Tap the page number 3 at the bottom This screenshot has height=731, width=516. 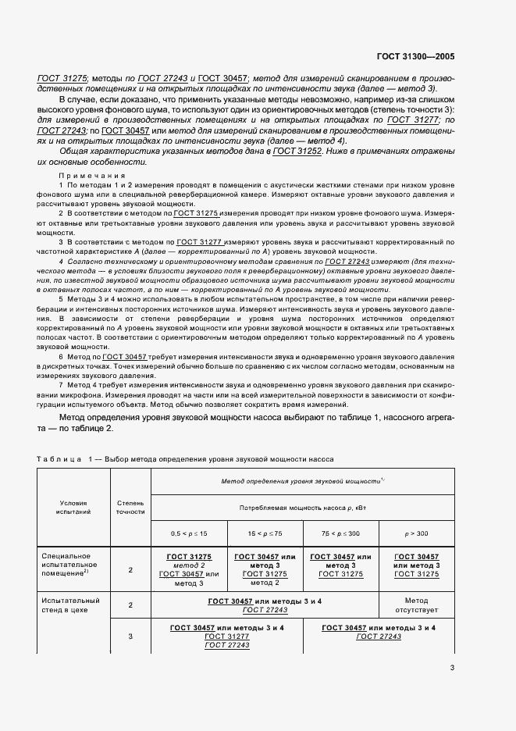click(452, 668)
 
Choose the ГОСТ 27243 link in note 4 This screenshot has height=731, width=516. click(350, 261)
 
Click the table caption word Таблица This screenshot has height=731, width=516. click(59, 459)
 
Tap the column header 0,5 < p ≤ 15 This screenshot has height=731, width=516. click(189, 533)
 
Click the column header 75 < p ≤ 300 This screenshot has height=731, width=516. click(340, 533)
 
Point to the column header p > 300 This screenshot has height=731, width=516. click(416, 533)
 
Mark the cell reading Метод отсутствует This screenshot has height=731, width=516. click(416, 605)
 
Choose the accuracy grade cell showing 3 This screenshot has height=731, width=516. click(130, 637)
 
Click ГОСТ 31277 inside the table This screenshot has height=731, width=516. click(226, 637)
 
